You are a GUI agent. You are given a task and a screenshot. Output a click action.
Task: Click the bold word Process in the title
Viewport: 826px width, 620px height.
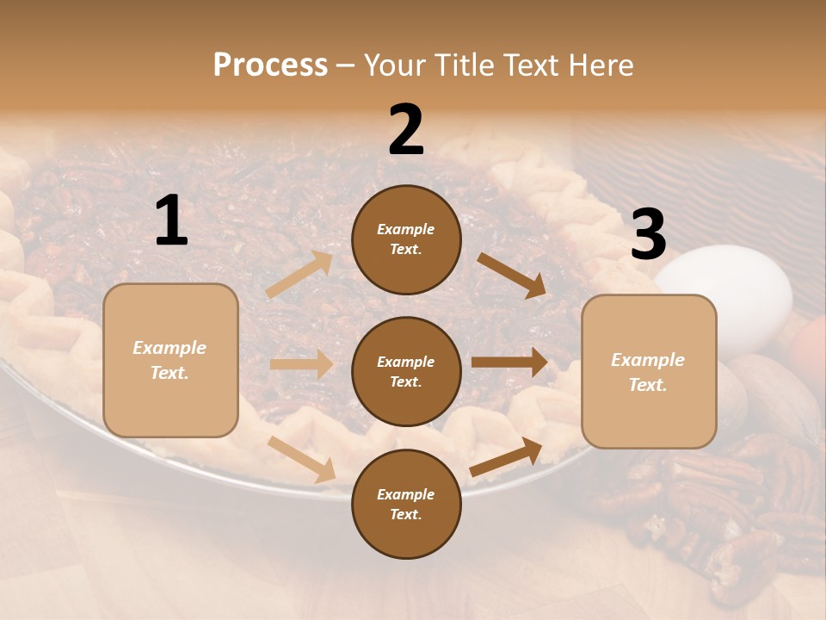point(270,65)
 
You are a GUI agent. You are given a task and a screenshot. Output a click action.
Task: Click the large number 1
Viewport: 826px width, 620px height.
point(171,220)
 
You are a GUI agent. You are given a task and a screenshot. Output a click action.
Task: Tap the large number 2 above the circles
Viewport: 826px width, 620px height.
point(406,130)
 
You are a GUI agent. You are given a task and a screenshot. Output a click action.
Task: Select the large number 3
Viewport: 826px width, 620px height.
point(648,235)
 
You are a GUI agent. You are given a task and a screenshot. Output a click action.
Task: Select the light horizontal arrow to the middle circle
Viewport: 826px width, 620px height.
point(301,364)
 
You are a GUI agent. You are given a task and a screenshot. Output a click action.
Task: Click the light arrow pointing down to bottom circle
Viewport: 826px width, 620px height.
point(301,458)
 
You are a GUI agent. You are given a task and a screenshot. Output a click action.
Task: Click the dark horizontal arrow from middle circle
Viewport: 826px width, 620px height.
point(509,362)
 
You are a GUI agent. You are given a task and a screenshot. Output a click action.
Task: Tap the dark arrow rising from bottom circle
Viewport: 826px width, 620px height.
point(506,456)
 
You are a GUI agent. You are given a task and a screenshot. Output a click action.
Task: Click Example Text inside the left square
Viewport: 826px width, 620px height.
point(170,360)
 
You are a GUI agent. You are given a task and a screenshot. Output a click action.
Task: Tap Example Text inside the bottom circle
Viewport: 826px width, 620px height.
point(405,504)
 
